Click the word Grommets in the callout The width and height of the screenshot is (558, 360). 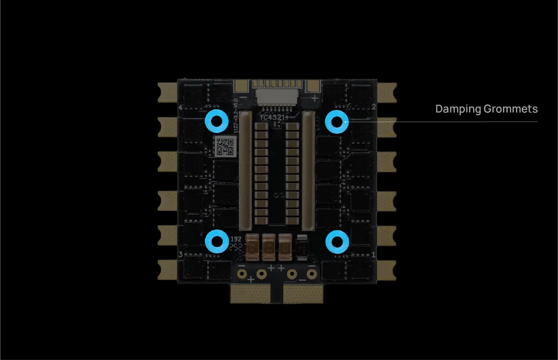point(511,109)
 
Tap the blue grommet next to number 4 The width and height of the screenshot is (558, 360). point(216,121)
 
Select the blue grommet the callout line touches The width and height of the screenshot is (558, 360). point(337,122)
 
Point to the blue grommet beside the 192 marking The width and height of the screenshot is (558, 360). point(217,242)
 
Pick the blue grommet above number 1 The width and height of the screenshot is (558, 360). point(337,242)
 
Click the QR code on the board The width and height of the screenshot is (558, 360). point(225,147)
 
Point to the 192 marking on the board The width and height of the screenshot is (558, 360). point(236,239)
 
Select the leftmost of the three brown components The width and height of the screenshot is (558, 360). point(252,247)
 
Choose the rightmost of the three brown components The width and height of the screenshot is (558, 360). point(285,247)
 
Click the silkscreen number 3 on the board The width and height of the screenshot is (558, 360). point(181,254)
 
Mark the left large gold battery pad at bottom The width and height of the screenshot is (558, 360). point(251,294)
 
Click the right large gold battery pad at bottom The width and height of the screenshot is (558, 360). point(303,294)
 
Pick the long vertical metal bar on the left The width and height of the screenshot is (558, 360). point(245,171)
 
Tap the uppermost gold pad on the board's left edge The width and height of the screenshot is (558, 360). point(167,92)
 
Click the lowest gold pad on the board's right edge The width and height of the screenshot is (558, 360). point(387,270)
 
